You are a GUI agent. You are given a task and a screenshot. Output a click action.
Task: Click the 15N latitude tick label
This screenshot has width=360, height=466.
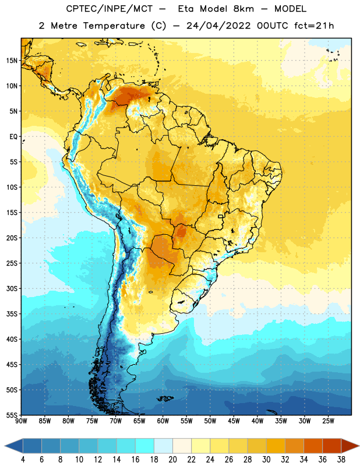click(12, 61)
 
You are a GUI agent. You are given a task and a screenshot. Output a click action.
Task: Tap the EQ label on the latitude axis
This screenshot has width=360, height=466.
click(13, 137)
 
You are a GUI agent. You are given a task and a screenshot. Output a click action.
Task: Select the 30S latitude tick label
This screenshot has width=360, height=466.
click(12, 288)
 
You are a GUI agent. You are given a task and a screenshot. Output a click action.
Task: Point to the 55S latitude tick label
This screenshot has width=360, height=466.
click(12, 415)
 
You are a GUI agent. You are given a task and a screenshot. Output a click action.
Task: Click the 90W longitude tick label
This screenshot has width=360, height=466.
click(21, 421)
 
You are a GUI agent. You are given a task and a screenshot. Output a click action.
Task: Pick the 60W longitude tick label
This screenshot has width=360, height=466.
click(163, 421)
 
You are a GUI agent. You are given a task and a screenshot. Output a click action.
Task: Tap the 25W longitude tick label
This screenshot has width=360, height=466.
click(328, 421)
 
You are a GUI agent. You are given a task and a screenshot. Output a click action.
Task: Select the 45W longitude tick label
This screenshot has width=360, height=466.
click(234, 421)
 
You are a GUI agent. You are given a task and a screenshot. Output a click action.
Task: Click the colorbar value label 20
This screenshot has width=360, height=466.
click(172, 460)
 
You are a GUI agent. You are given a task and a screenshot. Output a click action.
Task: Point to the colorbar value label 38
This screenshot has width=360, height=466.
click(341, 460)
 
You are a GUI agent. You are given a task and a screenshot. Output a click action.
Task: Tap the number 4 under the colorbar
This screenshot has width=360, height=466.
click(23, 460)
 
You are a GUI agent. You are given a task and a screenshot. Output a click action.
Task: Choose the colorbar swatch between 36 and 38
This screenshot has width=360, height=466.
click(332, 446)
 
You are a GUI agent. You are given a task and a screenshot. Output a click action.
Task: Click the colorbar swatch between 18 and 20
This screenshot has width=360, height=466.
click(163, 446)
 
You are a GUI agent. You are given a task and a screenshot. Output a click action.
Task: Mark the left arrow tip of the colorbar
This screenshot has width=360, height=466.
click(5, 446)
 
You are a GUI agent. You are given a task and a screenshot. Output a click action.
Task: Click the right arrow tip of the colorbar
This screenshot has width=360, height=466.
click(359, 446)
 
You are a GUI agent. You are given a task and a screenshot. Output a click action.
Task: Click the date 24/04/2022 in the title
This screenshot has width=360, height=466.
click(218, 26)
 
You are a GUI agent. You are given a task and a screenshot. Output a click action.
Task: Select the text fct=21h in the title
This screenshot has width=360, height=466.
click(314, 26)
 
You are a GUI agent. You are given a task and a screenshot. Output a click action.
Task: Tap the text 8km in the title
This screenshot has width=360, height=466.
click(243, 9)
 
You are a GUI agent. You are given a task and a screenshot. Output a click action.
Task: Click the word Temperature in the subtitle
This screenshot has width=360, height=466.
click(114, 26)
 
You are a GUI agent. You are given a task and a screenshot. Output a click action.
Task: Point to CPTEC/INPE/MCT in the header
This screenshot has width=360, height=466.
click(110, 9)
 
